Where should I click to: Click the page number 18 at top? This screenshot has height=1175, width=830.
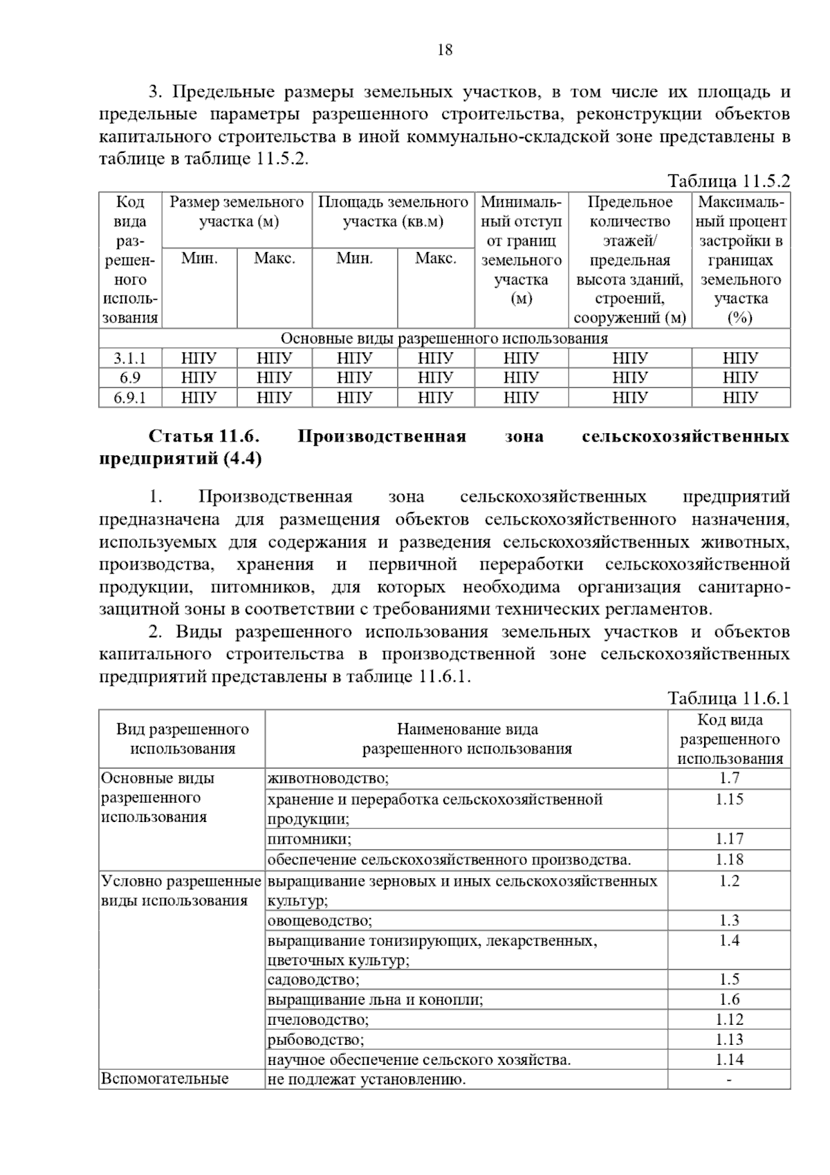445,50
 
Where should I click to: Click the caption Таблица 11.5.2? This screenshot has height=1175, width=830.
728,181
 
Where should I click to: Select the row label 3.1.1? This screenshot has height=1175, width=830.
130,358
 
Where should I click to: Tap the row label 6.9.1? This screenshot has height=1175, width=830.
130,397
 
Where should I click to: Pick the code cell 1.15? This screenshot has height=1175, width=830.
729,799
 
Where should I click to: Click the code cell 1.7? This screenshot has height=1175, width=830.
729,778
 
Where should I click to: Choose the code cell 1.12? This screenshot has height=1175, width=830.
729,1019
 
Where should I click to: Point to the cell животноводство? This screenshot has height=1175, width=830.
329,778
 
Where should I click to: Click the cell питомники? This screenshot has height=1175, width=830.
309,839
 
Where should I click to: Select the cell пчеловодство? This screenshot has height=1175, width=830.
318,1019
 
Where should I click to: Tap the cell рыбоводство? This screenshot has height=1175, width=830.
315,1039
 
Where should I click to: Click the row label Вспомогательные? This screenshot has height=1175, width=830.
165,1079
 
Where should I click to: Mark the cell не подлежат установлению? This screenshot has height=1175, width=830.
367,1080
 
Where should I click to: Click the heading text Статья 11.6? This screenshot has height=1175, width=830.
204,437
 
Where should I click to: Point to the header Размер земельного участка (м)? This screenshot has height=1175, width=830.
237,212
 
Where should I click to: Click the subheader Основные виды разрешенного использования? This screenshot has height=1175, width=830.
444,338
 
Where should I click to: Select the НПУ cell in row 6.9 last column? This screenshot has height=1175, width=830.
740,378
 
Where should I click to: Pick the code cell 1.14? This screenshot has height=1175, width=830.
729,1059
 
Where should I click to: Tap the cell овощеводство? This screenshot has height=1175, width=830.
320,920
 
